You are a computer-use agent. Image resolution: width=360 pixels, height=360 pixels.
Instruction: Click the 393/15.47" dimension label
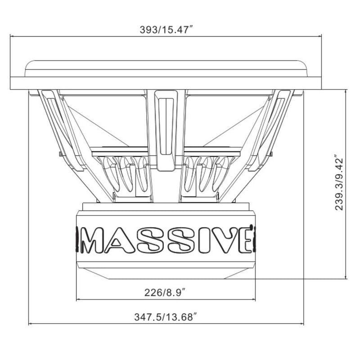pyautogui.click(x=166, y=30)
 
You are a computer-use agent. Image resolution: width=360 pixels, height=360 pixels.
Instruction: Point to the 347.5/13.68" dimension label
pyautogui.click(x=166, y=318)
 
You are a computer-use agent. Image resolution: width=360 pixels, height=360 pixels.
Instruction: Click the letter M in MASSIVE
pyautogui.click(x=93, y=241)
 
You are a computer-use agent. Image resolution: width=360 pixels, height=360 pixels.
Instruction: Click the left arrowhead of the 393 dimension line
pyautogui.click(x=12, y=36)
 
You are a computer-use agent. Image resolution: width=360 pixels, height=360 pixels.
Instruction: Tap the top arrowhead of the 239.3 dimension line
pyautogui.click(x=345, y=91)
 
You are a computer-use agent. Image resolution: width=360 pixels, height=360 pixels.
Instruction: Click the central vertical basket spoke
pyautogui.click(x=166, y=130)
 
